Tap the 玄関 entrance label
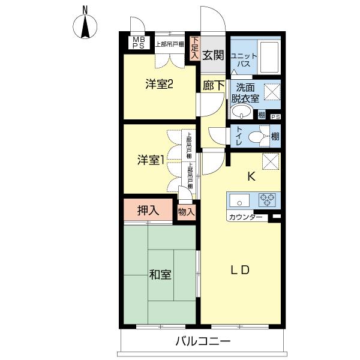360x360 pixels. click(212, 56)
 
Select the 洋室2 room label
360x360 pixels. click(160, 85)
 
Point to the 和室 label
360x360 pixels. click(160, 275)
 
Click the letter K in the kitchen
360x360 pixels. click(252, 177)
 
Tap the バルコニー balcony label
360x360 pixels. click(203, 342)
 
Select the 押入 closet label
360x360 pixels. click(148, 211)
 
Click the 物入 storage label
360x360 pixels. click(187, 212)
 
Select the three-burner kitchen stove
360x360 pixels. click(268, 200)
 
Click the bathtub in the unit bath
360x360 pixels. click(269, 57)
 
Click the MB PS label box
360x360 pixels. click(138, 43)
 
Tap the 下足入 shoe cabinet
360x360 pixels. click(194, 48)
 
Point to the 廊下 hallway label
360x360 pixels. click(213, 86)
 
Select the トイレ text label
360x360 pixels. click(239, 136)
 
